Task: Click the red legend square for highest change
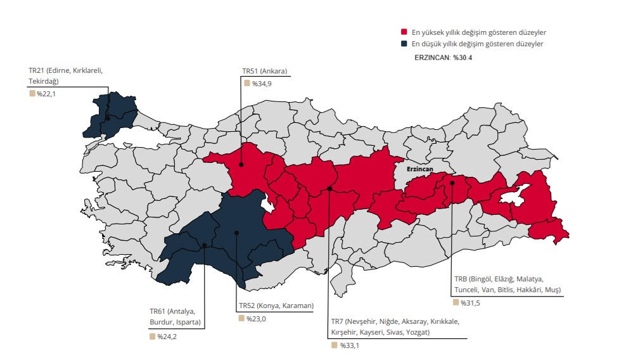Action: [404, 32]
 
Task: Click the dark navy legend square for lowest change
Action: [404, 44]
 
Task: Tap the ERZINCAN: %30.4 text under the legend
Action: [443, 58]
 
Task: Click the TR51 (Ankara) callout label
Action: [265, 72]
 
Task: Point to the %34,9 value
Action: [262, 84]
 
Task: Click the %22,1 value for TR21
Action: [46, 94]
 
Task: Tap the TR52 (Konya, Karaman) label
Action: [276, 305]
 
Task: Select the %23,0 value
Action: [256, 319]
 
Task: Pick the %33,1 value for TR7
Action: [349, 345]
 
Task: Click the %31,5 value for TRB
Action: [470, 302]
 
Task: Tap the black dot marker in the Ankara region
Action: [241, 165]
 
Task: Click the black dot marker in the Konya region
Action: [236, 233]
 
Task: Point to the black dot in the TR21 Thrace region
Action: [108, 118]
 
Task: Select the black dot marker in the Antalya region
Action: [204, 245]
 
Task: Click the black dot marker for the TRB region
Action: [452, 183]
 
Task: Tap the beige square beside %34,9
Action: [246, 83]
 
